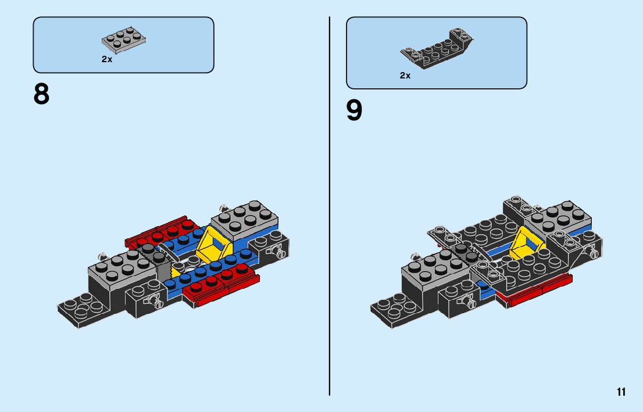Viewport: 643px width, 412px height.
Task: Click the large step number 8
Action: pyautogui.click(x=42, y=94)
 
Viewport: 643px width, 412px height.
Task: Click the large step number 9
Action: pyautogui.click(x=354, y=110)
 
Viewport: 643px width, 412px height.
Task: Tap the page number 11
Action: pyautogui.click(x=621, y=392)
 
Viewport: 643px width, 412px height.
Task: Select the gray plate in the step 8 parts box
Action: pyautogui.click(x=123, y=38)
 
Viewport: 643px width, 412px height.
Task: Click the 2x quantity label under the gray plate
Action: pyautogui.click(x=106, y=59)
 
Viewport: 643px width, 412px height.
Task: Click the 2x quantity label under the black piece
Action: pyautogui.click(x=405, y=76)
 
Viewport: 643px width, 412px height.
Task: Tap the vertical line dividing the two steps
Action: pyautogui.click(x=330, y=203)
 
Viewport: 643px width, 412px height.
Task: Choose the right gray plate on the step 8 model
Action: pyautogui.click(x=244, y=218)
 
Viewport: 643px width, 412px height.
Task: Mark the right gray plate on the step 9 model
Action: pyautogui.click(x=559, y=218)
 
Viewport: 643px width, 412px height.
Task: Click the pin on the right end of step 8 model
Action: pyautogui.click(x=278, y=252)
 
